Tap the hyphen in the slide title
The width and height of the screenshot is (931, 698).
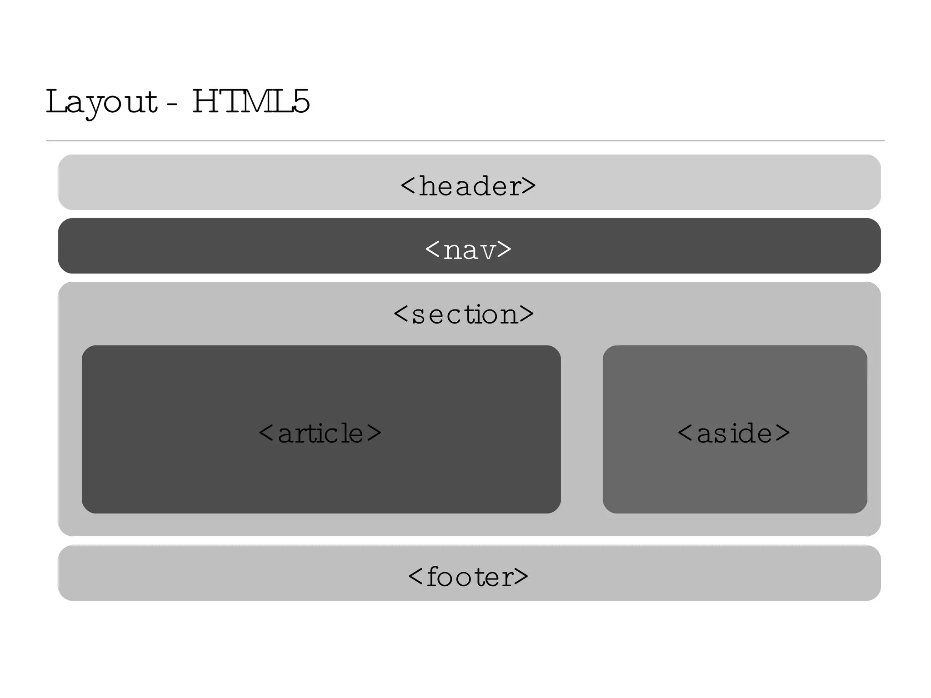[172, 105]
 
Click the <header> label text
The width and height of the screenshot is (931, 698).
[468, 186]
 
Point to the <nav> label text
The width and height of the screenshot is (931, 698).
[468, 250]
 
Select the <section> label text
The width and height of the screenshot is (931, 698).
[464, 314]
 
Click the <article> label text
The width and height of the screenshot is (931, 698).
[320, 433]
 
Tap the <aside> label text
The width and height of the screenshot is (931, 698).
[734, 433]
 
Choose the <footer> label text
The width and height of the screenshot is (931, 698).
[468, 577]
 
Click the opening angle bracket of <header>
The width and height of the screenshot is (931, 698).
[408, 186]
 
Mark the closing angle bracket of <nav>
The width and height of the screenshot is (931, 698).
[504, 249]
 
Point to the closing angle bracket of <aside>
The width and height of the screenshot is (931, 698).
[782, 433]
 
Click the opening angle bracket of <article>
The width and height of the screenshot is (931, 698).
[266, 433]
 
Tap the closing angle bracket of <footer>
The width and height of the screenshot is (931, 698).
[521, 577]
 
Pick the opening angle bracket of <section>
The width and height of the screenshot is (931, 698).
[401, 314]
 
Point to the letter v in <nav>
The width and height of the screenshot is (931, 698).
[486, 251]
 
